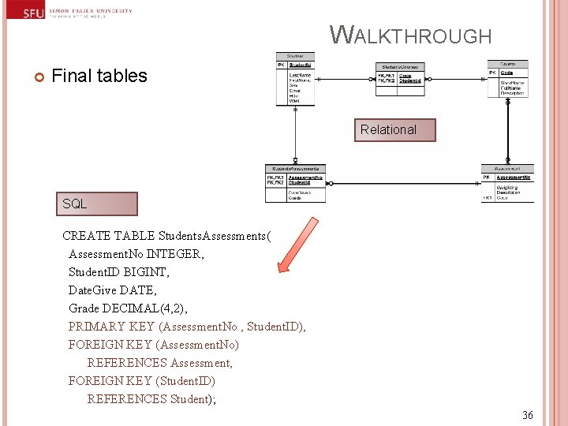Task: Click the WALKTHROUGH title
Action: click(410, 35)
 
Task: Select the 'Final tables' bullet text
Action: click(99, 76)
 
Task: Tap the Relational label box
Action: click(388, 129)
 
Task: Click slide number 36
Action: click(528, 415)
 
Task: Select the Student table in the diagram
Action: click(295, 80)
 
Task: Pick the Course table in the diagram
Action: click(507, 79)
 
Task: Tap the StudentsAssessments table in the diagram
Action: click(295, 183)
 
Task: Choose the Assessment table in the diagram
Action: click(507, 183)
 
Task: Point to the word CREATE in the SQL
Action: click(86, 235)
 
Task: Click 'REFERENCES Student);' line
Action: click(151, 399)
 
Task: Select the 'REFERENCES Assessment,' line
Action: click(160, 363)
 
